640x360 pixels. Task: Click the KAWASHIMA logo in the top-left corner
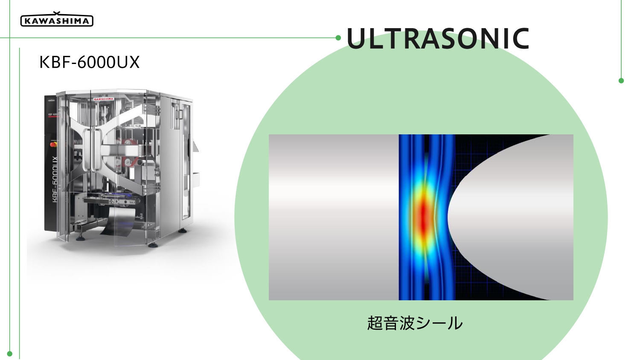tap(57, 20)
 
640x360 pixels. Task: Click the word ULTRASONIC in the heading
tap(438, 38)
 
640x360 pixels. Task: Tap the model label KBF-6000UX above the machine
tap(90, 62)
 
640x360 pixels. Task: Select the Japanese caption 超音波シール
tap(415, 323)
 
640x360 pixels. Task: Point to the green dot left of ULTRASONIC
tap(338, 38)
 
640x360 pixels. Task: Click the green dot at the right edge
tap(621, 81)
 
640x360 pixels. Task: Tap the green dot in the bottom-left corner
tap(9, 354)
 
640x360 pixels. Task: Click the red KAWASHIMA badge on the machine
tap(104, 99)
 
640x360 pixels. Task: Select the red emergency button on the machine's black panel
tap(53, 144)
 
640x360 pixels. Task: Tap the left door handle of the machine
tap(86, 150)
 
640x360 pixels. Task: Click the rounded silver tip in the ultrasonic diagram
tap(510, 217)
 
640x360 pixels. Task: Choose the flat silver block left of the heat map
tap(334, 217)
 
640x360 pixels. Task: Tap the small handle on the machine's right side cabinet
tap(180, 114)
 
